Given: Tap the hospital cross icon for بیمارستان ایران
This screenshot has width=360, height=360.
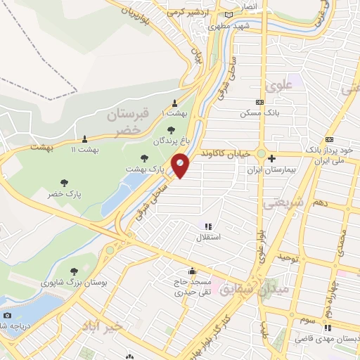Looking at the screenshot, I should (271, 158).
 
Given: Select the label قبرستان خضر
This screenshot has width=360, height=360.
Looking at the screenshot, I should (127, 121).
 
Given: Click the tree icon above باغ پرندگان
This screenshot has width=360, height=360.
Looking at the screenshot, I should (172, 129).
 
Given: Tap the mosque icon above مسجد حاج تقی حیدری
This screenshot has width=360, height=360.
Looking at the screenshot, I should (191, 271).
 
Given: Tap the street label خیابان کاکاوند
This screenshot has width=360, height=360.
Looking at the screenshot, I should (223, 152).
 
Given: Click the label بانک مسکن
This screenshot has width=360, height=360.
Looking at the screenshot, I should (255, 112).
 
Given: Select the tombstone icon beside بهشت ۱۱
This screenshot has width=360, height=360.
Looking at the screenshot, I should (85, 139).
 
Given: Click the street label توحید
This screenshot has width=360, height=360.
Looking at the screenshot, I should (290, 259).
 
